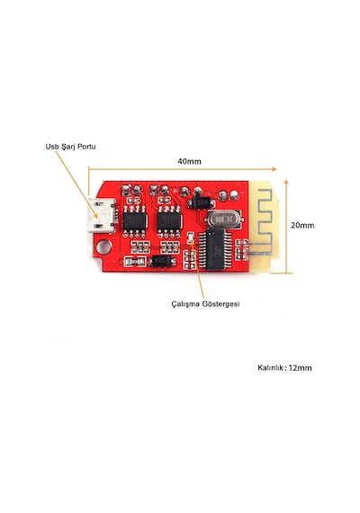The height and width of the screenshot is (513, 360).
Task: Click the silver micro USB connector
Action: pyautogui.click(x=102, y=216)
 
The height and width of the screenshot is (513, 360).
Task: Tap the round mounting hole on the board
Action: pyautogui.click(x=104, y=247)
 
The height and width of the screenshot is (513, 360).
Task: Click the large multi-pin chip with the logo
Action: pyautogui.click(x=214, y=250)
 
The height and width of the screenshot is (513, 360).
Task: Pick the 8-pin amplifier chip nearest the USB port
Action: pyautogui.click(x=134, y=221)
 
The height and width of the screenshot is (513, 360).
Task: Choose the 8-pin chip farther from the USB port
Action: pyautogui.click(x=169, y=221)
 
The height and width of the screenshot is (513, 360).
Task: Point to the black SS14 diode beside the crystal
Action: pyautogui.click(x=201, y=203)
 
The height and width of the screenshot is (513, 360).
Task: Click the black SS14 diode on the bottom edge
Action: pyautogui.click(x=161, y=261)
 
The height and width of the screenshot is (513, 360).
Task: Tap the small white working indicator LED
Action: pyautogui.click(x=190, y=238)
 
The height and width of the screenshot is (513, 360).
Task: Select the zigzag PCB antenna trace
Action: pyautogui.click(x=265, y=222)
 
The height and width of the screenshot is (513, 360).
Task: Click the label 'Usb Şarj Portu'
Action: pyautogui.click(x=71, y=146)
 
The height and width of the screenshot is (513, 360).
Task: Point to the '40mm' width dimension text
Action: pyautogui.click(x=190, y=161)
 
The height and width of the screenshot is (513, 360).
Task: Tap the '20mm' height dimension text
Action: pyautogui.click(x=302, y=225)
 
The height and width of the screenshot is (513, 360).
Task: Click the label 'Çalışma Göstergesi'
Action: pyautogui.click(x=205, y=303)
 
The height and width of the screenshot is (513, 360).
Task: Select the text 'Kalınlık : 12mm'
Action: pyautogui.click(x=284, y=367)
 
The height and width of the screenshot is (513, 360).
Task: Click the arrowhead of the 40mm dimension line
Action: pyautogui.click(x=274, y=169)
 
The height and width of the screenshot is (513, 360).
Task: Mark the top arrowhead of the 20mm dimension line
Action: pyautogui.click(x=286, y=182)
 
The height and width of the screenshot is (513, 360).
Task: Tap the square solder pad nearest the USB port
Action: pyautogui.click(x=125, y=189)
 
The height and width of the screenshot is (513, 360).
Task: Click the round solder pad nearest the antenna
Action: pyautogui.click(x=234, y=195)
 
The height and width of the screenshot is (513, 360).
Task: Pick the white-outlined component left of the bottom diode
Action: pyautogui.click(x=135, y=261)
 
